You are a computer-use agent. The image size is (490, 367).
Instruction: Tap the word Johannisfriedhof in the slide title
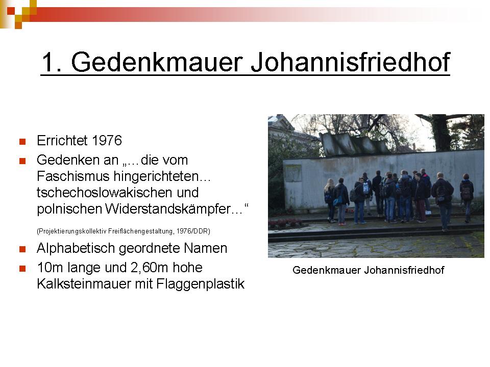[350, 62]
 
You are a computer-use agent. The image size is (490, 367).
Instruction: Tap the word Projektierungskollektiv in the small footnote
[72, 231]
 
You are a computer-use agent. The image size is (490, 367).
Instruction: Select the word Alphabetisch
[76, 248]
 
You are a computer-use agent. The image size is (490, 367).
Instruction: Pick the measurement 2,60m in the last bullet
[149, 268]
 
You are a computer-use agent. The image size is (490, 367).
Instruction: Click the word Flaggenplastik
[200, 284]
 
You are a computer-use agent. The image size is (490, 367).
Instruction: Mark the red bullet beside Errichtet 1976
[22, 142]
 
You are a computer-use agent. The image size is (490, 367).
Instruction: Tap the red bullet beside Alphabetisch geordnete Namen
[22, 249]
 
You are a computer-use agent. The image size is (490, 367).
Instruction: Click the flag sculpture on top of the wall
[355, 144]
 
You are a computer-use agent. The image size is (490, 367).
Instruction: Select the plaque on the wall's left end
[293, 173]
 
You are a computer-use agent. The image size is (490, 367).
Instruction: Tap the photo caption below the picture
[368, 270]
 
